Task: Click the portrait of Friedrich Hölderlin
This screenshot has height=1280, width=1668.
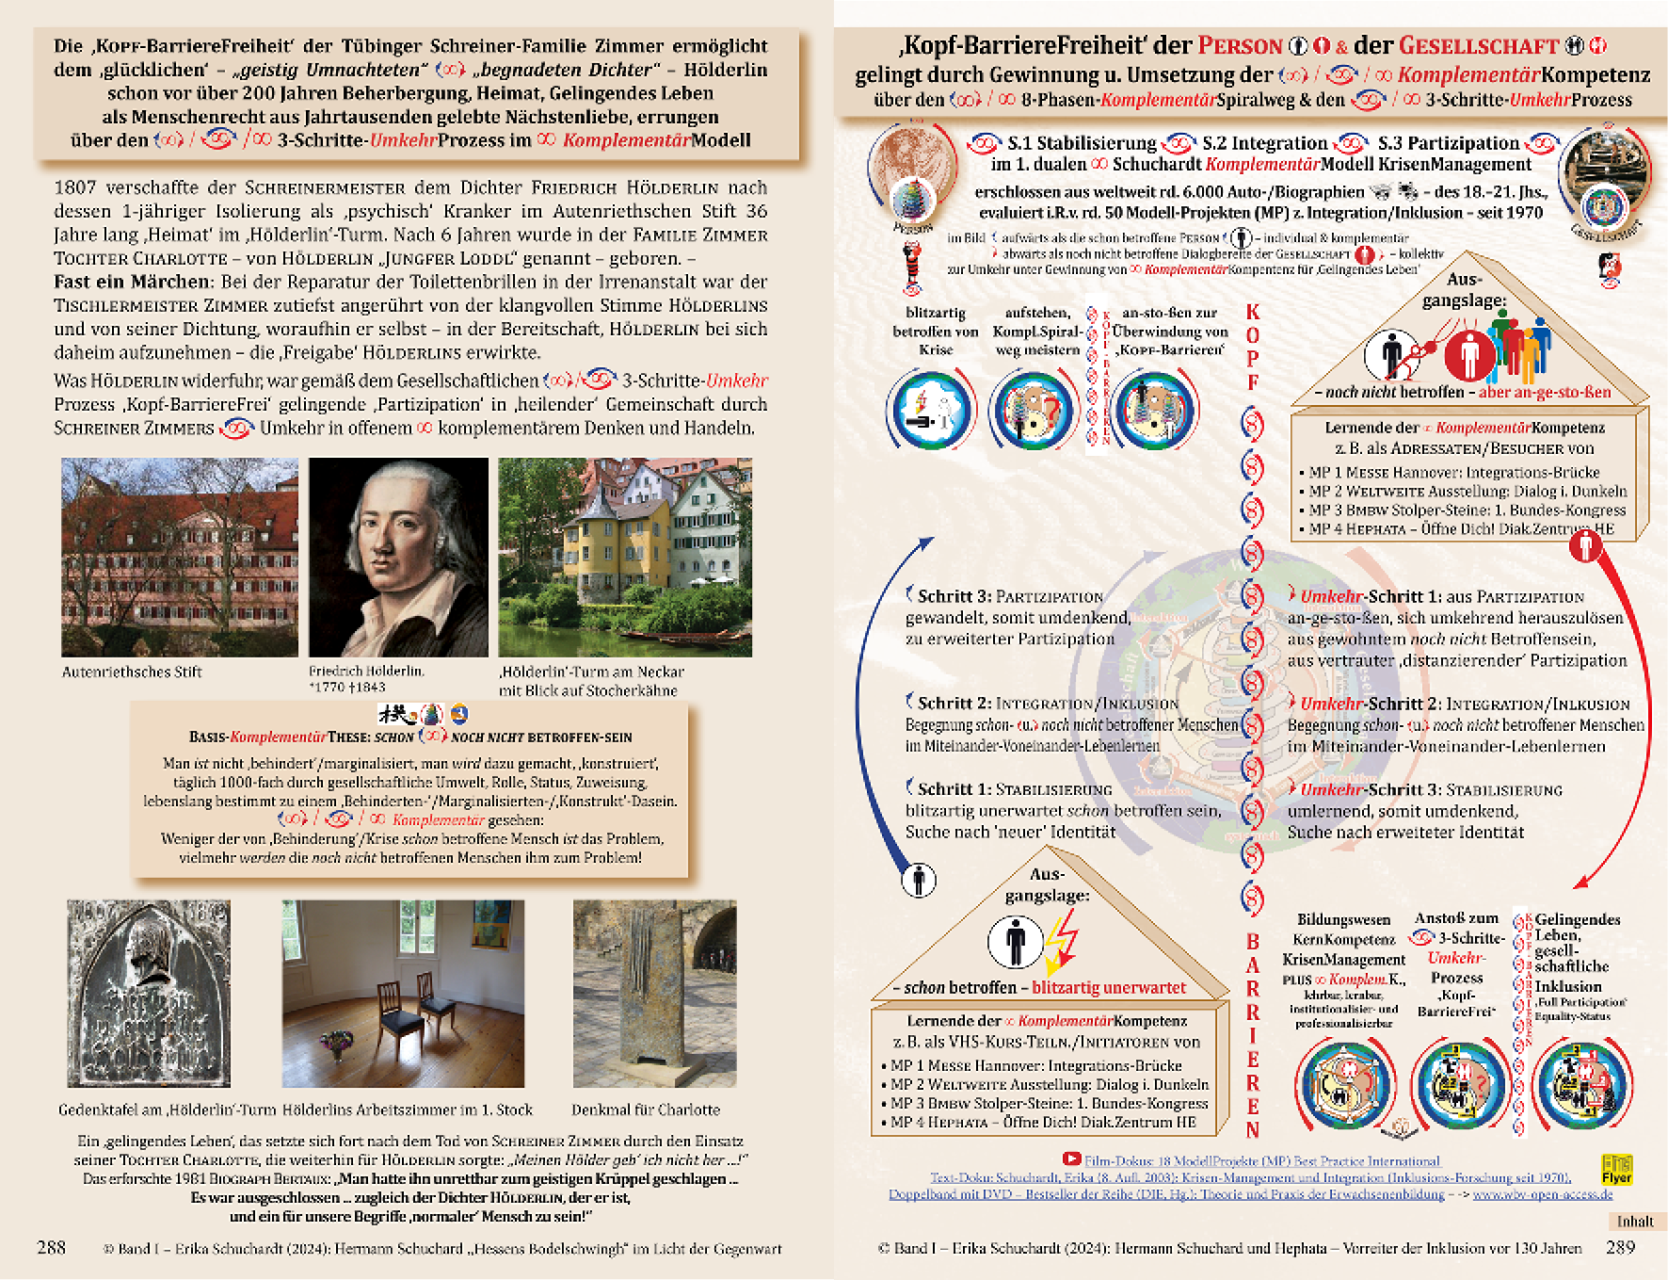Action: click(398, 557)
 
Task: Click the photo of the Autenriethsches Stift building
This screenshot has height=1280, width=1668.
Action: click(179, 557)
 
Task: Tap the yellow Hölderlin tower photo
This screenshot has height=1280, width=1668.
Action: click(625, 557)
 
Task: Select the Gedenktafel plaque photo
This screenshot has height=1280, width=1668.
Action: click(149, 993)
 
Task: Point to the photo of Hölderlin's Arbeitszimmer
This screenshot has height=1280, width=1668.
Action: click(403, 993)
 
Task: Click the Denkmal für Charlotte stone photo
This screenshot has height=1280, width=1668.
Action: click(654, 993)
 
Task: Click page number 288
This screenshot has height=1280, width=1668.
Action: click(51, 1247)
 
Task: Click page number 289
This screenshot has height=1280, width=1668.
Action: click(1620, 1247)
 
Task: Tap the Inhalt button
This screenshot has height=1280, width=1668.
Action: click(1635, 1222)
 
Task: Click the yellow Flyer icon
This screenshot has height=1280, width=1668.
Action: click(1616, 1170)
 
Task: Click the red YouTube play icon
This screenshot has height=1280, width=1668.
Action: click(1071, 1160)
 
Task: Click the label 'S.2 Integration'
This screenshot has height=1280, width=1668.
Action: click(1264, 143)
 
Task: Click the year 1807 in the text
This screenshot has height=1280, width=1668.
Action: click(74, 187)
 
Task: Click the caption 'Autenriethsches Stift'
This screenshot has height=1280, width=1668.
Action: click(132, 672)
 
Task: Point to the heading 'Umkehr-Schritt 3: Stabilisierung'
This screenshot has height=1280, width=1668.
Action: click(1431, 789)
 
